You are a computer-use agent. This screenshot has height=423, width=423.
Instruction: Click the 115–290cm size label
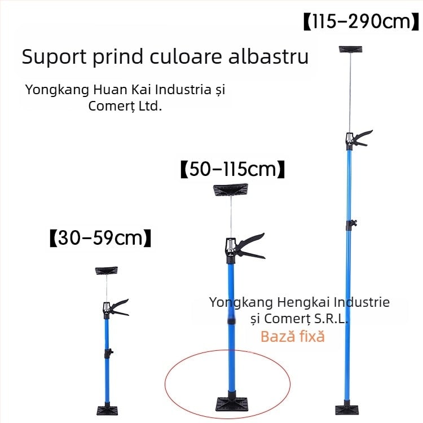coord(361,21)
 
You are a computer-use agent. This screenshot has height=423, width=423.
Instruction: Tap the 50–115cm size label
coord(232,169)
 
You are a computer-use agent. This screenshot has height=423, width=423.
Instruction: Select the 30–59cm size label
coord(100,238)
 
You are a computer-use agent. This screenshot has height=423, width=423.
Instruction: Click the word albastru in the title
coord(268,56)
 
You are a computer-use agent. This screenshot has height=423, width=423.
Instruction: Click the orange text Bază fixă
coord(292,336)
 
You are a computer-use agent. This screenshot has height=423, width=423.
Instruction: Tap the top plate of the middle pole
coord(230,190)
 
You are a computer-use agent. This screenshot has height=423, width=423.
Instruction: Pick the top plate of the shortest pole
coord(106,271)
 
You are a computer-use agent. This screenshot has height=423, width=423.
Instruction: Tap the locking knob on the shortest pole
coord(109,352)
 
